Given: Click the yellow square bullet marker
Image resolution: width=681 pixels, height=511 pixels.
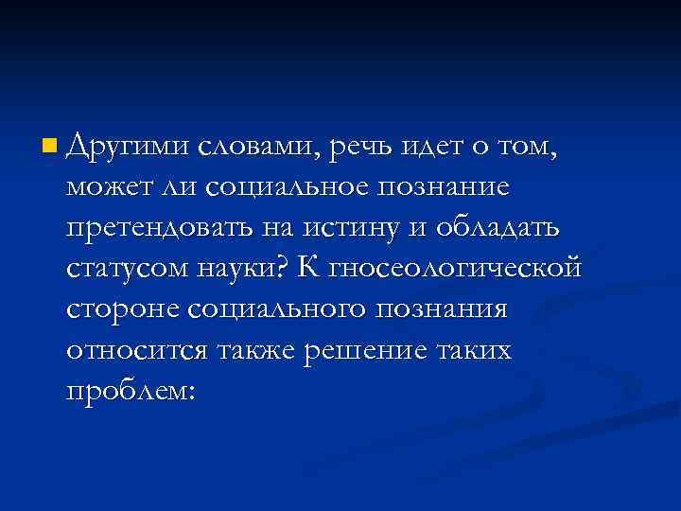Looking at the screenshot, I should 49,148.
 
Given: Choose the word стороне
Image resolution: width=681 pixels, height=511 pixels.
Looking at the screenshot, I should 123,310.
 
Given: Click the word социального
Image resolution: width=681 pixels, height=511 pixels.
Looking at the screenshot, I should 281,310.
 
